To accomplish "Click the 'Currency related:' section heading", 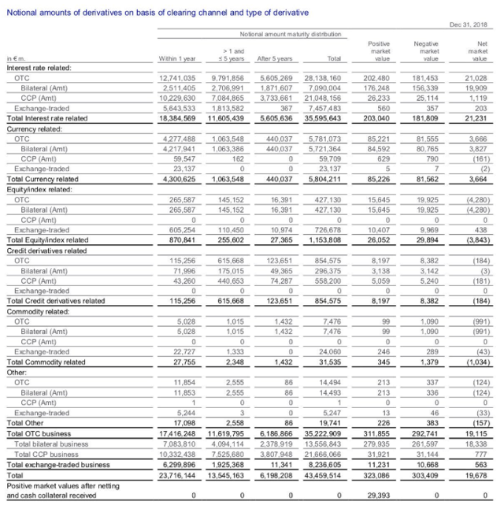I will point(31,126).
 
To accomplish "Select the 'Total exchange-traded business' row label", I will point(57,466).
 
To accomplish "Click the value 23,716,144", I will point(177,475).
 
